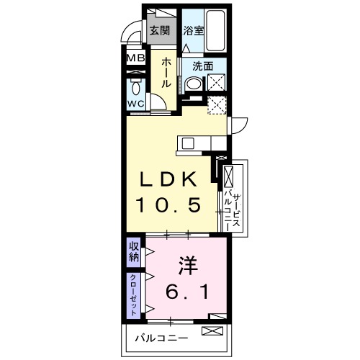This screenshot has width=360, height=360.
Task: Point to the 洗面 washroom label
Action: click(203, 66)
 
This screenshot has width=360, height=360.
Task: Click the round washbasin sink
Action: click(192, 84)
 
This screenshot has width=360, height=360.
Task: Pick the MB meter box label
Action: click(135, 58)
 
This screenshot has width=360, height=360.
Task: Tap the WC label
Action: click(136, 104)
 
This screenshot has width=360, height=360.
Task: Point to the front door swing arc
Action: click(130, 32)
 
